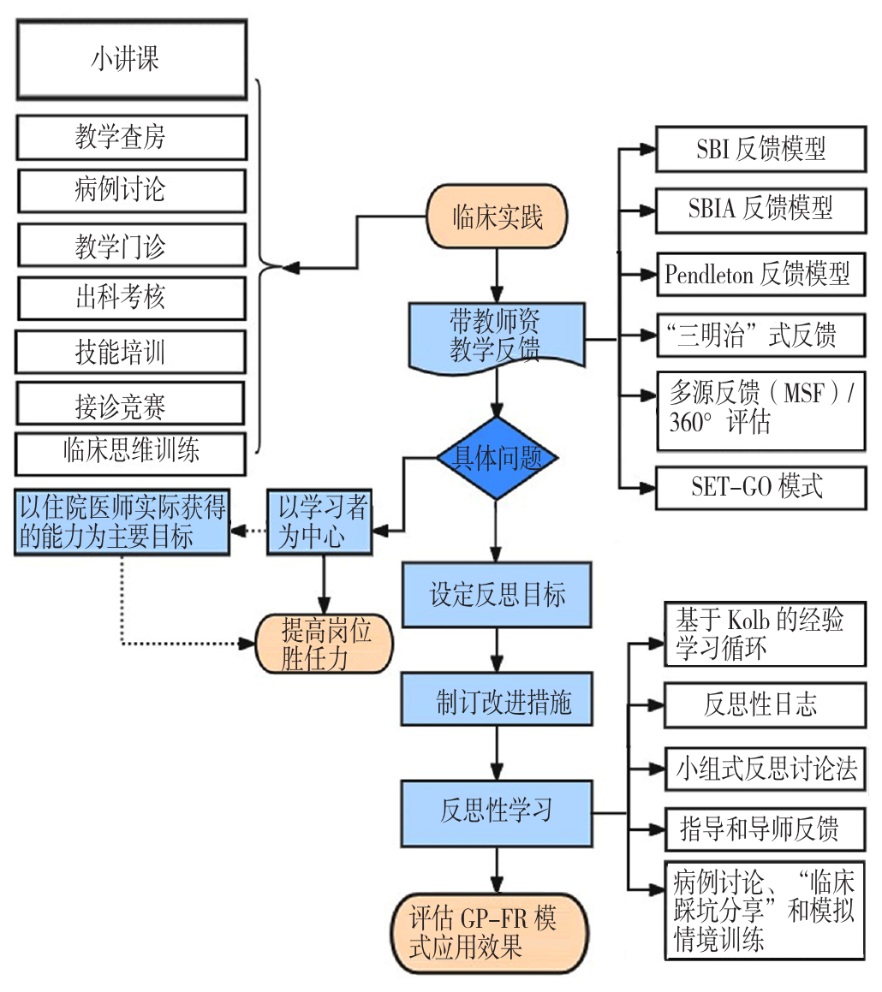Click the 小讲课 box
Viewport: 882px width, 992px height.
tap(131, 59)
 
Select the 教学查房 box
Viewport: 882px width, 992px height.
tap(131, 137)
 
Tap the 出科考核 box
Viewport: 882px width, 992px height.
tap(131, 298)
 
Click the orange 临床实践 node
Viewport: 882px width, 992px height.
tap(498, 217)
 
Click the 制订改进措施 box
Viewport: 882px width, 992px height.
tap(498, 704)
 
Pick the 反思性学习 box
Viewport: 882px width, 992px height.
tap(498, 811)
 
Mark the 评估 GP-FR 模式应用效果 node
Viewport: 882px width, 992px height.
tap(490, 933)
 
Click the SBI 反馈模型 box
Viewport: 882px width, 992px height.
tap(760, 150)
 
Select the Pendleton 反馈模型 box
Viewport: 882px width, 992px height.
tap(760, 275)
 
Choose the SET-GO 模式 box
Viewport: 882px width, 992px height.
tap(760, 486)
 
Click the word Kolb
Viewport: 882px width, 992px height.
tap(750, 619)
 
